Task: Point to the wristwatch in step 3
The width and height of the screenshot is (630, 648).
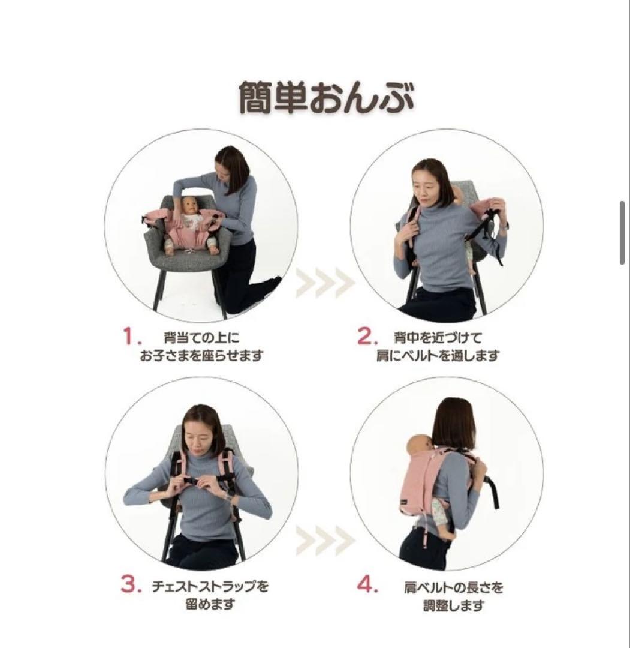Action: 227,496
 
